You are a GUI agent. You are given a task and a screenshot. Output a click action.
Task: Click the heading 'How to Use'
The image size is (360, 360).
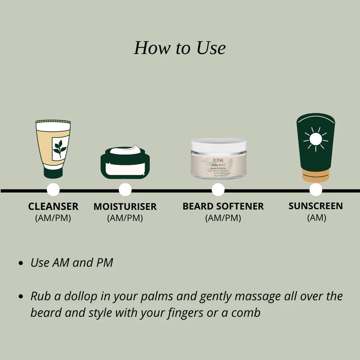[180, 48]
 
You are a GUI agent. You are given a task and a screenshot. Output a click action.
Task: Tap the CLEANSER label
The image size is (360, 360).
[53, 207]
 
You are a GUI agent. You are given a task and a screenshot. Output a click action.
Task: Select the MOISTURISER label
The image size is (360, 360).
[125, 207]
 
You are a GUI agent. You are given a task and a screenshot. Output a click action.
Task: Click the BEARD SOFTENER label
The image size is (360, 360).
[223, 206]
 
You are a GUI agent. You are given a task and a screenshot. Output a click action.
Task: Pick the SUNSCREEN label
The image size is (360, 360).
[316, 206]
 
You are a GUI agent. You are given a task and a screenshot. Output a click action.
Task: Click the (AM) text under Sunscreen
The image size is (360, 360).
[316, 218]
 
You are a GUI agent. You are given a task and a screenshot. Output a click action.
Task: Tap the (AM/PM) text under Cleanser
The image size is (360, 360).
[53, 218]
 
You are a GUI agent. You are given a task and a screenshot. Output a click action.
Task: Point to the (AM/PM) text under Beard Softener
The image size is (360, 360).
[223, 218]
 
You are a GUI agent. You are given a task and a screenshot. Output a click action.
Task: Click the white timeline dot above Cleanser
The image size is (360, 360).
[53, 190]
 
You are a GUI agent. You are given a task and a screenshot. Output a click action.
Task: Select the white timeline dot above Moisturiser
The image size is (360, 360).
[125, 190]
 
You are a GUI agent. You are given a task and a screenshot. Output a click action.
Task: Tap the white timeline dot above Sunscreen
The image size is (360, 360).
[316, 190]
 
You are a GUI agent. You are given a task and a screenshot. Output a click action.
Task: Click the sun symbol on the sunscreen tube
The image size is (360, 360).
[315, 139]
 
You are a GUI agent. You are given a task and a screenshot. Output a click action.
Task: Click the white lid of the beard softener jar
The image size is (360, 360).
[219, 145]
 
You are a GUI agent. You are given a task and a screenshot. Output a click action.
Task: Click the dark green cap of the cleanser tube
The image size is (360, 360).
[53, 173]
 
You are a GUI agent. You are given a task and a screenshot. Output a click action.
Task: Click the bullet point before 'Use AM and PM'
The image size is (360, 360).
[21, 263]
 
